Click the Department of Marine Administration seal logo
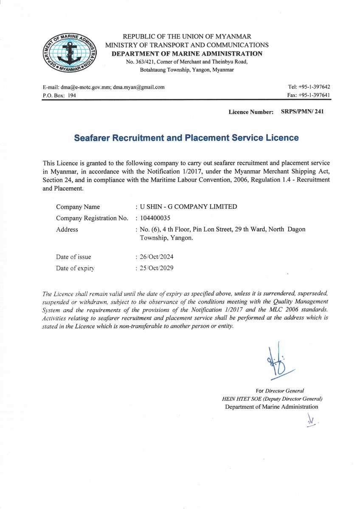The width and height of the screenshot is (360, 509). [x=70, y=53]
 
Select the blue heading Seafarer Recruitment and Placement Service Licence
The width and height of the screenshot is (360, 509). [x=186, y=138]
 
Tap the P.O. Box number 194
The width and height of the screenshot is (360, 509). [x=72, y=96]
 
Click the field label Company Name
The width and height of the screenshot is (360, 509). [x=78, y=207]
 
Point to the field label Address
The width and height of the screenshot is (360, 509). [x=67, y=230]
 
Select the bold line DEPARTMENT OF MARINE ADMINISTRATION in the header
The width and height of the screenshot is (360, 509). [x=187, y=53]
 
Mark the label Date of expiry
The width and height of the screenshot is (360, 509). [x=75, y=268]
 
